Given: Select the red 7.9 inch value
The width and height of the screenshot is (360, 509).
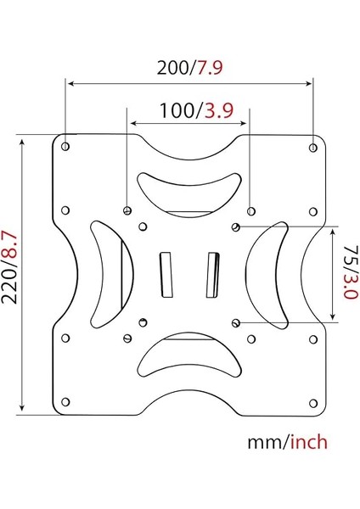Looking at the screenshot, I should [x=210, y=68].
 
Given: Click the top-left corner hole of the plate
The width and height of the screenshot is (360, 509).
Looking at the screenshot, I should [x=66, y=147].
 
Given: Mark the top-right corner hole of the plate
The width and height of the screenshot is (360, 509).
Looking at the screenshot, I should [x=313, y=147].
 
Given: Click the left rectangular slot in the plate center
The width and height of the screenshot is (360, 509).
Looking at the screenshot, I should [x=166, y=275].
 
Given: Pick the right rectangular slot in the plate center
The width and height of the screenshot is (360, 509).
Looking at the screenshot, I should [x=211, y=275].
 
